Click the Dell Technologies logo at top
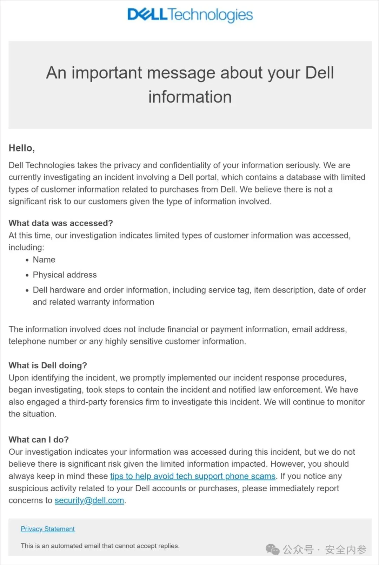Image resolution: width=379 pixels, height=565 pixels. [190, 15]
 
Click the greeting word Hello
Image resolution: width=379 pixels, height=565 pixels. [21, 148]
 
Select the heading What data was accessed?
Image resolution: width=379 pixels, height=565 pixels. [61, 223]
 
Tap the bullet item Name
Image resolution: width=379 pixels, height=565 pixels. [44, 259]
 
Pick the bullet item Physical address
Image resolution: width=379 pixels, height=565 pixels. [65, 275]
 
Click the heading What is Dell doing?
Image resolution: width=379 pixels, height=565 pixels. [48, 366]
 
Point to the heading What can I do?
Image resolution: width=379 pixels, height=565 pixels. [39, 440]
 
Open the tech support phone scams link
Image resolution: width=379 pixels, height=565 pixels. [193, 476]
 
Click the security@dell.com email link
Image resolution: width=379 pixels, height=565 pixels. [89, 500]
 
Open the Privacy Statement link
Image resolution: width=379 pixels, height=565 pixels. [48, 529]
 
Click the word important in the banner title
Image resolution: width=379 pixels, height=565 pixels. [107, 73]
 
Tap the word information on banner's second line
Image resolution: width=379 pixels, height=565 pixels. [190, 97]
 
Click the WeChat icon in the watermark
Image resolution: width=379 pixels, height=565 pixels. [273, 550]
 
